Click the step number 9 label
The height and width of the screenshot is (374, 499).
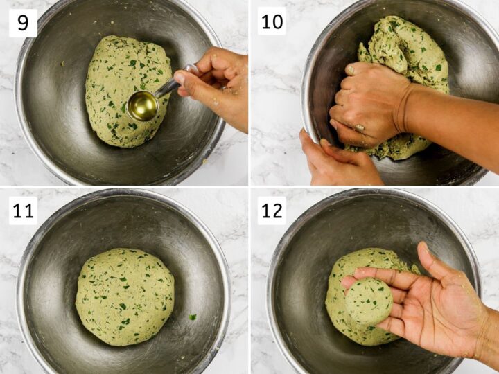23,23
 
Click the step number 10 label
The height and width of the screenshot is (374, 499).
272,21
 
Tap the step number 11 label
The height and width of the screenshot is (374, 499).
23,211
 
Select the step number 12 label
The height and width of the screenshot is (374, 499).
272,211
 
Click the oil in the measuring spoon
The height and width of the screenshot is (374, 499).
143,106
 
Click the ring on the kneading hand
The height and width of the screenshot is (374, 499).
359,128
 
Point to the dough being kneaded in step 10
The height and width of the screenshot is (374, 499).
403,80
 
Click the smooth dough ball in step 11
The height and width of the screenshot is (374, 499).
125,296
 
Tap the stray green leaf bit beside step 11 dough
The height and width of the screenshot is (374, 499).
192,317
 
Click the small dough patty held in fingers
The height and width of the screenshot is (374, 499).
369,301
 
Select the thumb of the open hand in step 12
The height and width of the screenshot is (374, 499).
428,258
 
